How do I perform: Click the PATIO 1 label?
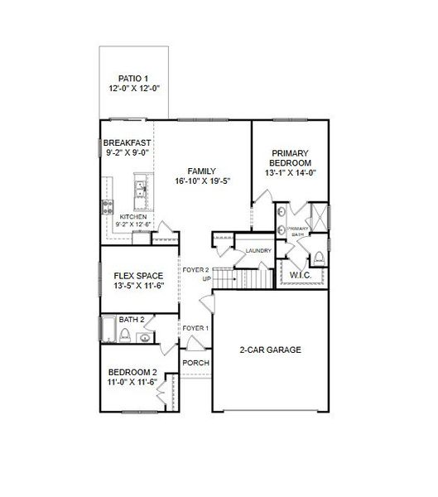pos(133,79)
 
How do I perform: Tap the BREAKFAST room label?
pos(127,142)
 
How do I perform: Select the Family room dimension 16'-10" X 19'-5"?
pos(202,181)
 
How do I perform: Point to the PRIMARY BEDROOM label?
pos(290,158)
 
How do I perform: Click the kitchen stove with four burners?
pos(108,207)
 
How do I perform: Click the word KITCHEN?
pos(133,217)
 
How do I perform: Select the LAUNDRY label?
pos(258,250)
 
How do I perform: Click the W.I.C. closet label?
pos(301,275)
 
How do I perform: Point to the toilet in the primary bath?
pos(319,258)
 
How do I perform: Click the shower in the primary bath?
pos(319,217)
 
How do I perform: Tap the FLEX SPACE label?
pos(138,276)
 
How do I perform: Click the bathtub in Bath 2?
pos(108,329)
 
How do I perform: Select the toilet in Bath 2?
pos(125,335)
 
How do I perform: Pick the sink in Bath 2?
pos(145,338)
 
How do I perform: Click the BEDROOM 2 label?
pos(132,372)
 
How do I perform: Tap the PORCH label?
pos(196,363)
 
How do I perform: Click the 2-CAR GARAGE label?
pos(271,350)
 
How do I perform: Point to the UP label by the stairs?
pos(207,279)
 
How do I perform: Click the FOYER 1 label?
pos(195,328)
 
